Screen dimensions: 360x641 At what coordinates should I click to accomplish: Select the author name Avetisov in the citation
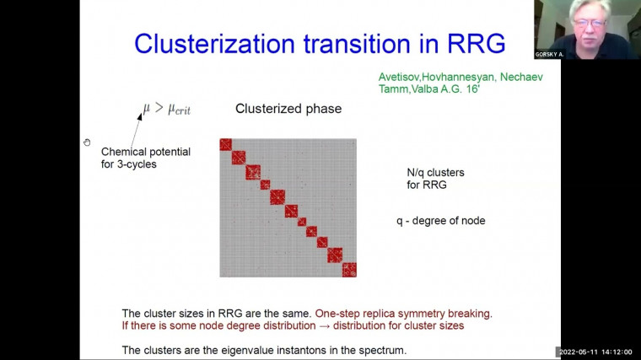404,78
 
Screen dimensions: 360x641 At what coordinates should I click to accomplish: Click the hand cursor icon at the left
87,142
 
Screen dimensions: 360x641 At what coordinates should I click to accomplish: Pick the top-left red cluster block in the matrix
226,144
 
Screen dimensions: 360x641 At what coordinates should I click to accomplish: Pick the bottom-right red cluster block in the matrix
349,270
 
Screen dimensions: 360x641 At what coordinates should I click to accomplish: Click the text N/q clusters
435,172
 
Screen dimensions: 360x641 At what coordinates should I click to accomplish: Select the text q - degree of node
441,221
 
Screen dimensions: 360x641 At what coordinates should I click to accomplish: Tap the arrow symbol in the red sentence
362,325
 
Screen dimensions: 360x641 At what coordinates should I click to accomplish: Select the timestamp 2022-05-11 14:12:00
600,352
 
